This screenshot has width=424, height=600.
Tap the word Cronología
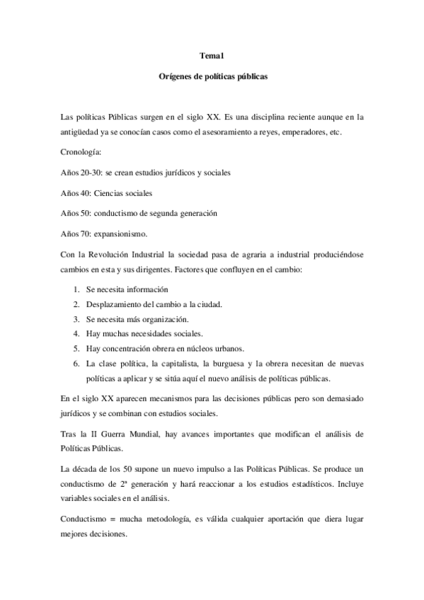click(81, 152)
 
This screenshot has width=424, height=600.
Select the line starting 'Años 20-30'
click(143, 173)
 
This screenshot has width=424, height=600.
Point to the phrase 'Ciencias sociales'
click(123, 193)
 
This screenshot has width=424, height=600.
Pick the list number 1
click(76, 289)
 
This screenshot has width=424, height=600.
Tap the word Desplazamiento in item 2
click(115, 304)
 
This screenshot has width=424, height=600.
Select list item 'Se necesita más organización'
click(132, 319)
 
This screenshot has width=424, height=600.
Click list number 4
click(76, 334)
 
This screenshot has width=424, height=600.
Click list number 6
click(76, 363)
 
